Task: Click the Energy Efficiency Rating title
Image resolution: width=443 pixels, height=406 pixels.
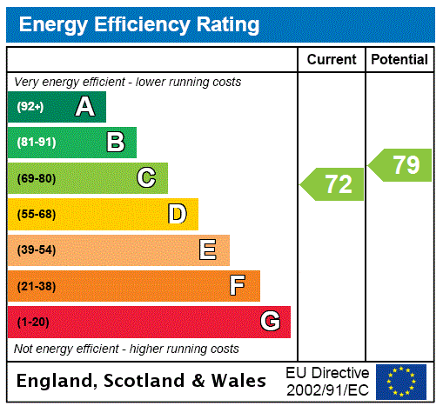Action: pos(139,25)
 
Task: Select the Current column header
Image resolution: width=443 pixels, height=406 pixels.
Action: pos(332,60)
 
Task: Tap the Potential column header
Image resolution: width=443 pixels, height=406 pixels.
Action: pos(399,60)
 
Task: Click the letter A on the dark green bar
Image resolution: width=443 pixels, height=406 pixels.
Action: pos(84,107)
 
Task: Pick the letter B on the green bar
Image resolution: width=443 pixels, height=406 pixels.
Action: pos(115,143)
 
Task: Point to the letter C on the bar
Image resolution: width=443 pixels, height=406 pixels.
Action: pos(146,178)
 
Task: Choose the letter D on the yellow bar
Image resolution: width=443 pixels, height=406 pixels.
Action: pos(177,214)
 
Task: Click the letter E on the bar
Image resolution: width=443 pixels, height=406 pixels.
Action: pos(208,250)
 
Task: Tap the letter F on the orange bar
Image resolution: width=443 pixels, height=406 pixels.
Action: pos(238,286)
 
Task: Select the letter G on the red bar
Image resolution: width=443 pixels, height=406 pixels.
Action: pos(270,322)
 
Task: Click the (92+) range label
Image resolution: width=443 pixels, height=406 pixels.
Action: pos(30,107)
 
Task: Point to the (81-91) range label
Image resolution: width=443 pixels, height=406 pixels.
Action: pos(36,143)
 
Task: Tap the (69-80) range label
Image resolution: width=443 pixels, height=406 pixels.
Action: pos(36,178)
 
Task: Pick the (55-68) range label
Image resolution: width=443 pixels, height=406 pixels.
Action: pos(36,214)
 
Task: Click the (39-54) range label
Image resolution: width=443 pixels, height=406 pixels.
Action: pos(36,250)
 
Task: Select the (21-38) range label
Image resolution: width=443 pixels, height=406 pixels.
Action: pos(36,286)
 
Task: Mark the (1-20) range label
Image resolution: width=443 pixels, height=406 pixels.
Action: pos(33,322)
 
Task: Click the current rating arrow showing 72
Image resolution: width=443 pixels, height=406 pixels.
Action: pos(334,184)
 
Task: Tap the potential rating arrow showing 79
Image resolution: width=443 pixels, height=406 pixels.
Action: pos(401,164)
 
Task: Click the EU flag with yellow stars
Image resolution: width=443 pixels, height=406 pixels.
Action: pos(400,381)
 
